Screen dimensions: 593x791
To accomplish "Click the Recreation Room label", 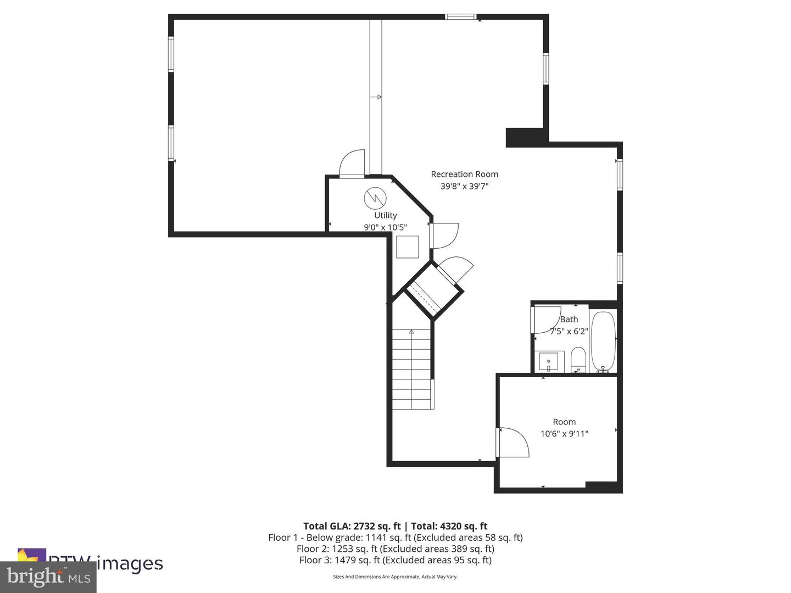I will (x=464, y=174).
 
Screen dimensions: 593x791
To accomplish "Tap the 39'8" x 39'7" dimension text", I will (x=464, y=186).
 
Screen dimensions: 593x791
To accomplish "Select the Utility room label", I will (x=385, y=215).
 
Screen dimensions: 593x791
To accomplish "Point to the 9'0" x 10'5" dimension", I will (x=385, y=227).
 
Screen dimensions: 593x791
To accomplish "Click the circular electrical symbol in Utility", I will (x=375, y=198).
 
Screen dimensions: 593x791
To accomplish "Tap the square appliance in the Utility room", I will (x=407, y=247).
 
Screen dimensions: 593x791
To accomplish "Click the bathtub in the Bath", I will (x=603, y=342).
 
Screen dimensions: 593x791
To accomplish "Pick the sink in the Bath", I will (x=548, y=362).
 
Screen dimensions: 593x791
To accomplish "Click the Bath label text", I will (x=569, y=319).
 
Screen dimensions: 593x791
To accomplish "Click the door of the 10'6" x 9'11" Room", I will (x=512, y=443).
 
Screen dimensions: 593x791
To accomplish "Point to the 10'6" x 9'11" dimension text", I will (x=564, y=434).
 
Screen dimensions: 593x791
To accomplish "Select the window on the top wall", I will (x=460, y=16).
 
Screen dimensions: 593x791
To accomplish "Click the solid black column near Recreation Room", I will (x=525, y=137).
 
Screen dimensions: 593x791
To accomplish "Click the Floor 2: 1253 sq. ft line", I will (x=395, y=549).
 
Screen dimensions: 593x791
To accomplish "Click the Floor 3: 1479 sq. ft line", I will (x=395, y=560).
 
